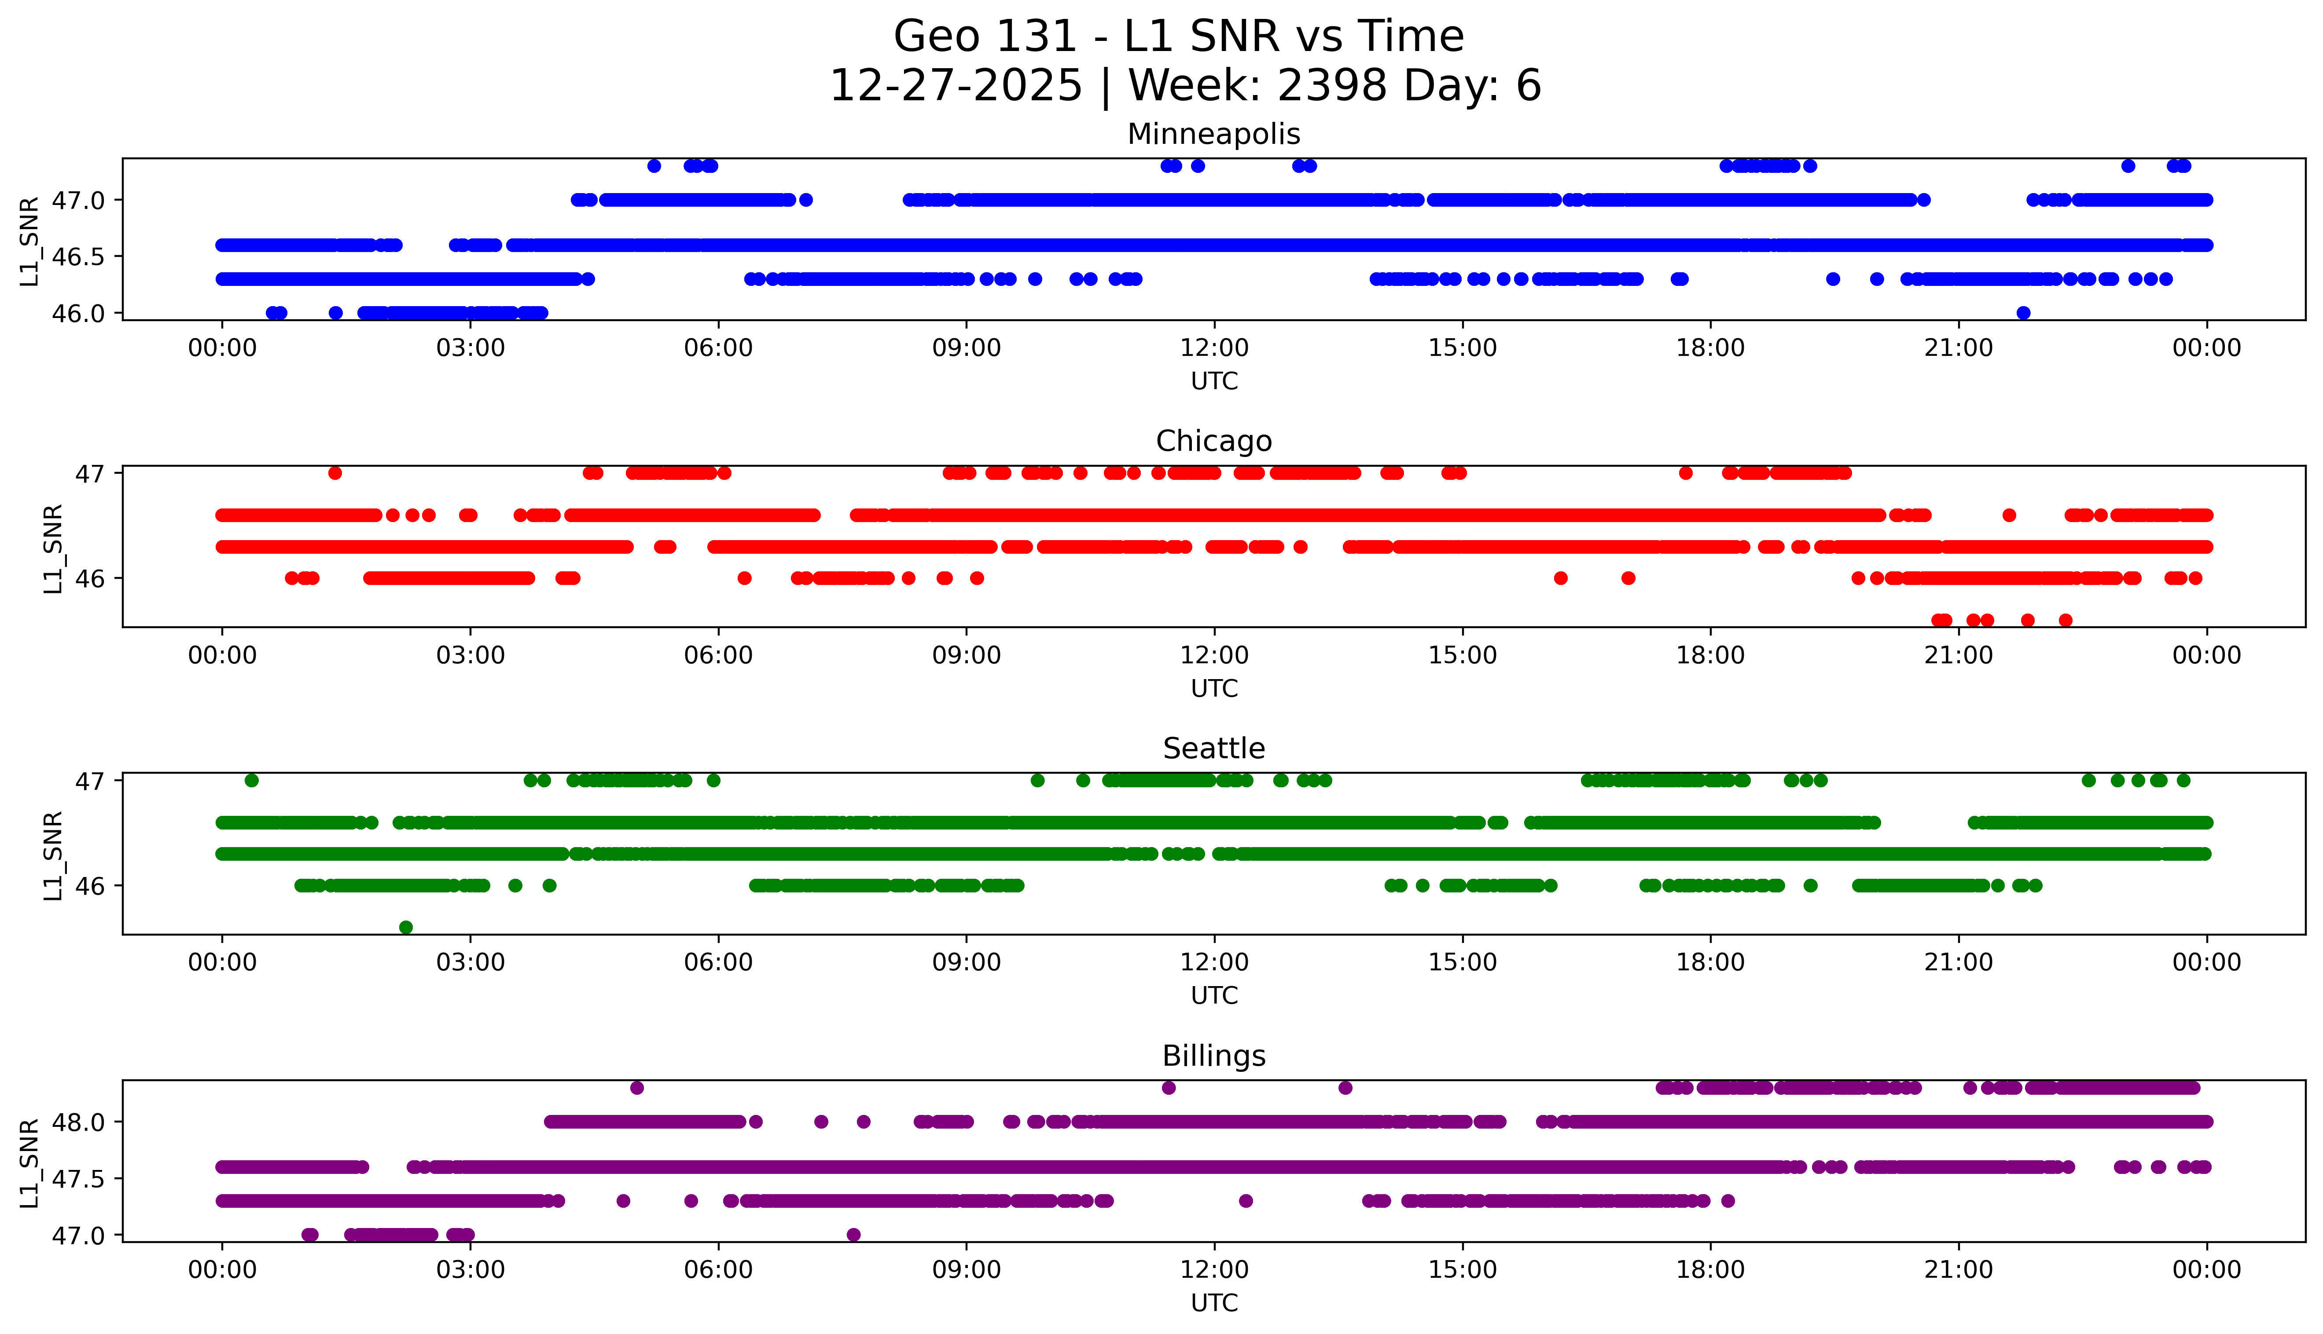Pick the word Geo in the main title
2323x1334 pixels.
(x=938, y=37)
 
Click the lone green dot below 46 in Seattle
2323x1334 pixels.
(x=406, y=927)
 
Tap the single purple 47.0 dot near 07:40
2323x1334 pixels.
(x=853, y=1234)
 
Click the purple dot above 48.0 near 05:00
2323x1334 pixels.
(x=637, y=1088)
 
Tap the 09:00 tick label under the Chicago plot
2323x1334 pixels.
(x=966, y=655)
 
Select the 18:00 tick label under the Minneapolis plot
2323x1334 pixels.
(x=1710, y=348)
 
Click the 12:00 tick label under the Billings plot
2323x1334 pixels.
(x=1214, y=1270)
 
